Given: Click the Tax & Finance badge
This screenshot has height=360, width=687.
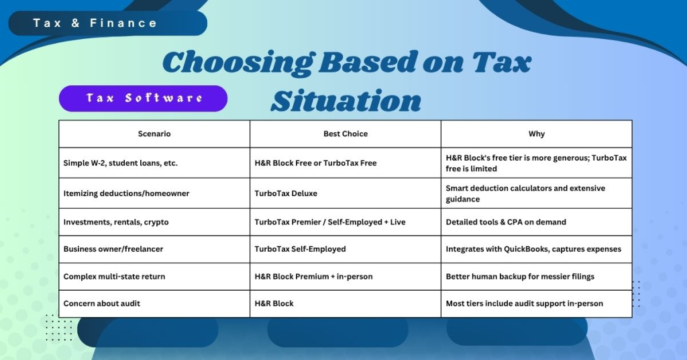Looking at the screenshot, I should tap(95, 24).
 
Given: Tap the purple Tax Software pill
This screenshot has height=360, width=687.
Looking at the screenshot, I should tap(144, 98).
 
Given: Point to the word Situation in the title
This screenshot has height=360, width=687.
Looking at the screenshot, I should tap(346, 100).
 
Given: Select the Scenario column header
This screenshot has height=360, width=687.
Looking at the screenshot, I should tap(154, 134).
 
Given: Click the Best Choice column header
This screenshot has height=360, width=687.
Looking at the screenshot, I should tap(346, 134).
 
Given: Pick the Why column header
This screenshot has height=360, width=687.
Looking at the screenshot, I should tap(537, 134).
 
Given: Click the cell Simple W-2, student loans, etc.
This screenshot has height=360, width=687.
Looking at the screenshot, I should tap(121, 163).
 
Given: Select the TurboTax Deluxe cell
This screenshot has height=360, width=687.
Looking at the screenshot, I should tap(286, 193).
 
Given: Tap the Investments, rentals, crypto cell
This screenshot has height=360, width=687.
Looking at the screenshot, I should tap(116, 222).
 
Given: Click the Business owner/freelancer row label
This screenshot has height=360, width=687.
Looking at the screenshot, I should tap(113, 249).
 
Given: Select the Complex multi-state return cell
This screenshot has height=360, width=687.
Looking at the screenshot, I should tap(114, 276).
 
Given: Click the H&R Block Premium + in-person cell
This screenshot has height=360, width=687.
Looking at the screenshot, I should tap(313, 276).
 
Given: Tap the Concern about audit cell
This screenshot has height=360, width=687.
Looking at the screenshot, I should tap(102, 304).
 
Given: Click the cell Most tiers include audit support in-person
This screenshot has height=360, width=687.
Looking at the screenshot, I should tap(524, 304).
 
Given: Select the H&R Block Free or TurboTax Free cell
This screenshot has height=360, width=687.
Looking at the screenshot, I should tap(315, 163).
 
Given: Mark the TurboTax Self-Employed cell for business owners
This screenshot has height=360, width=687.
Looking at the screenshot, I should tap(300, 249).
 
